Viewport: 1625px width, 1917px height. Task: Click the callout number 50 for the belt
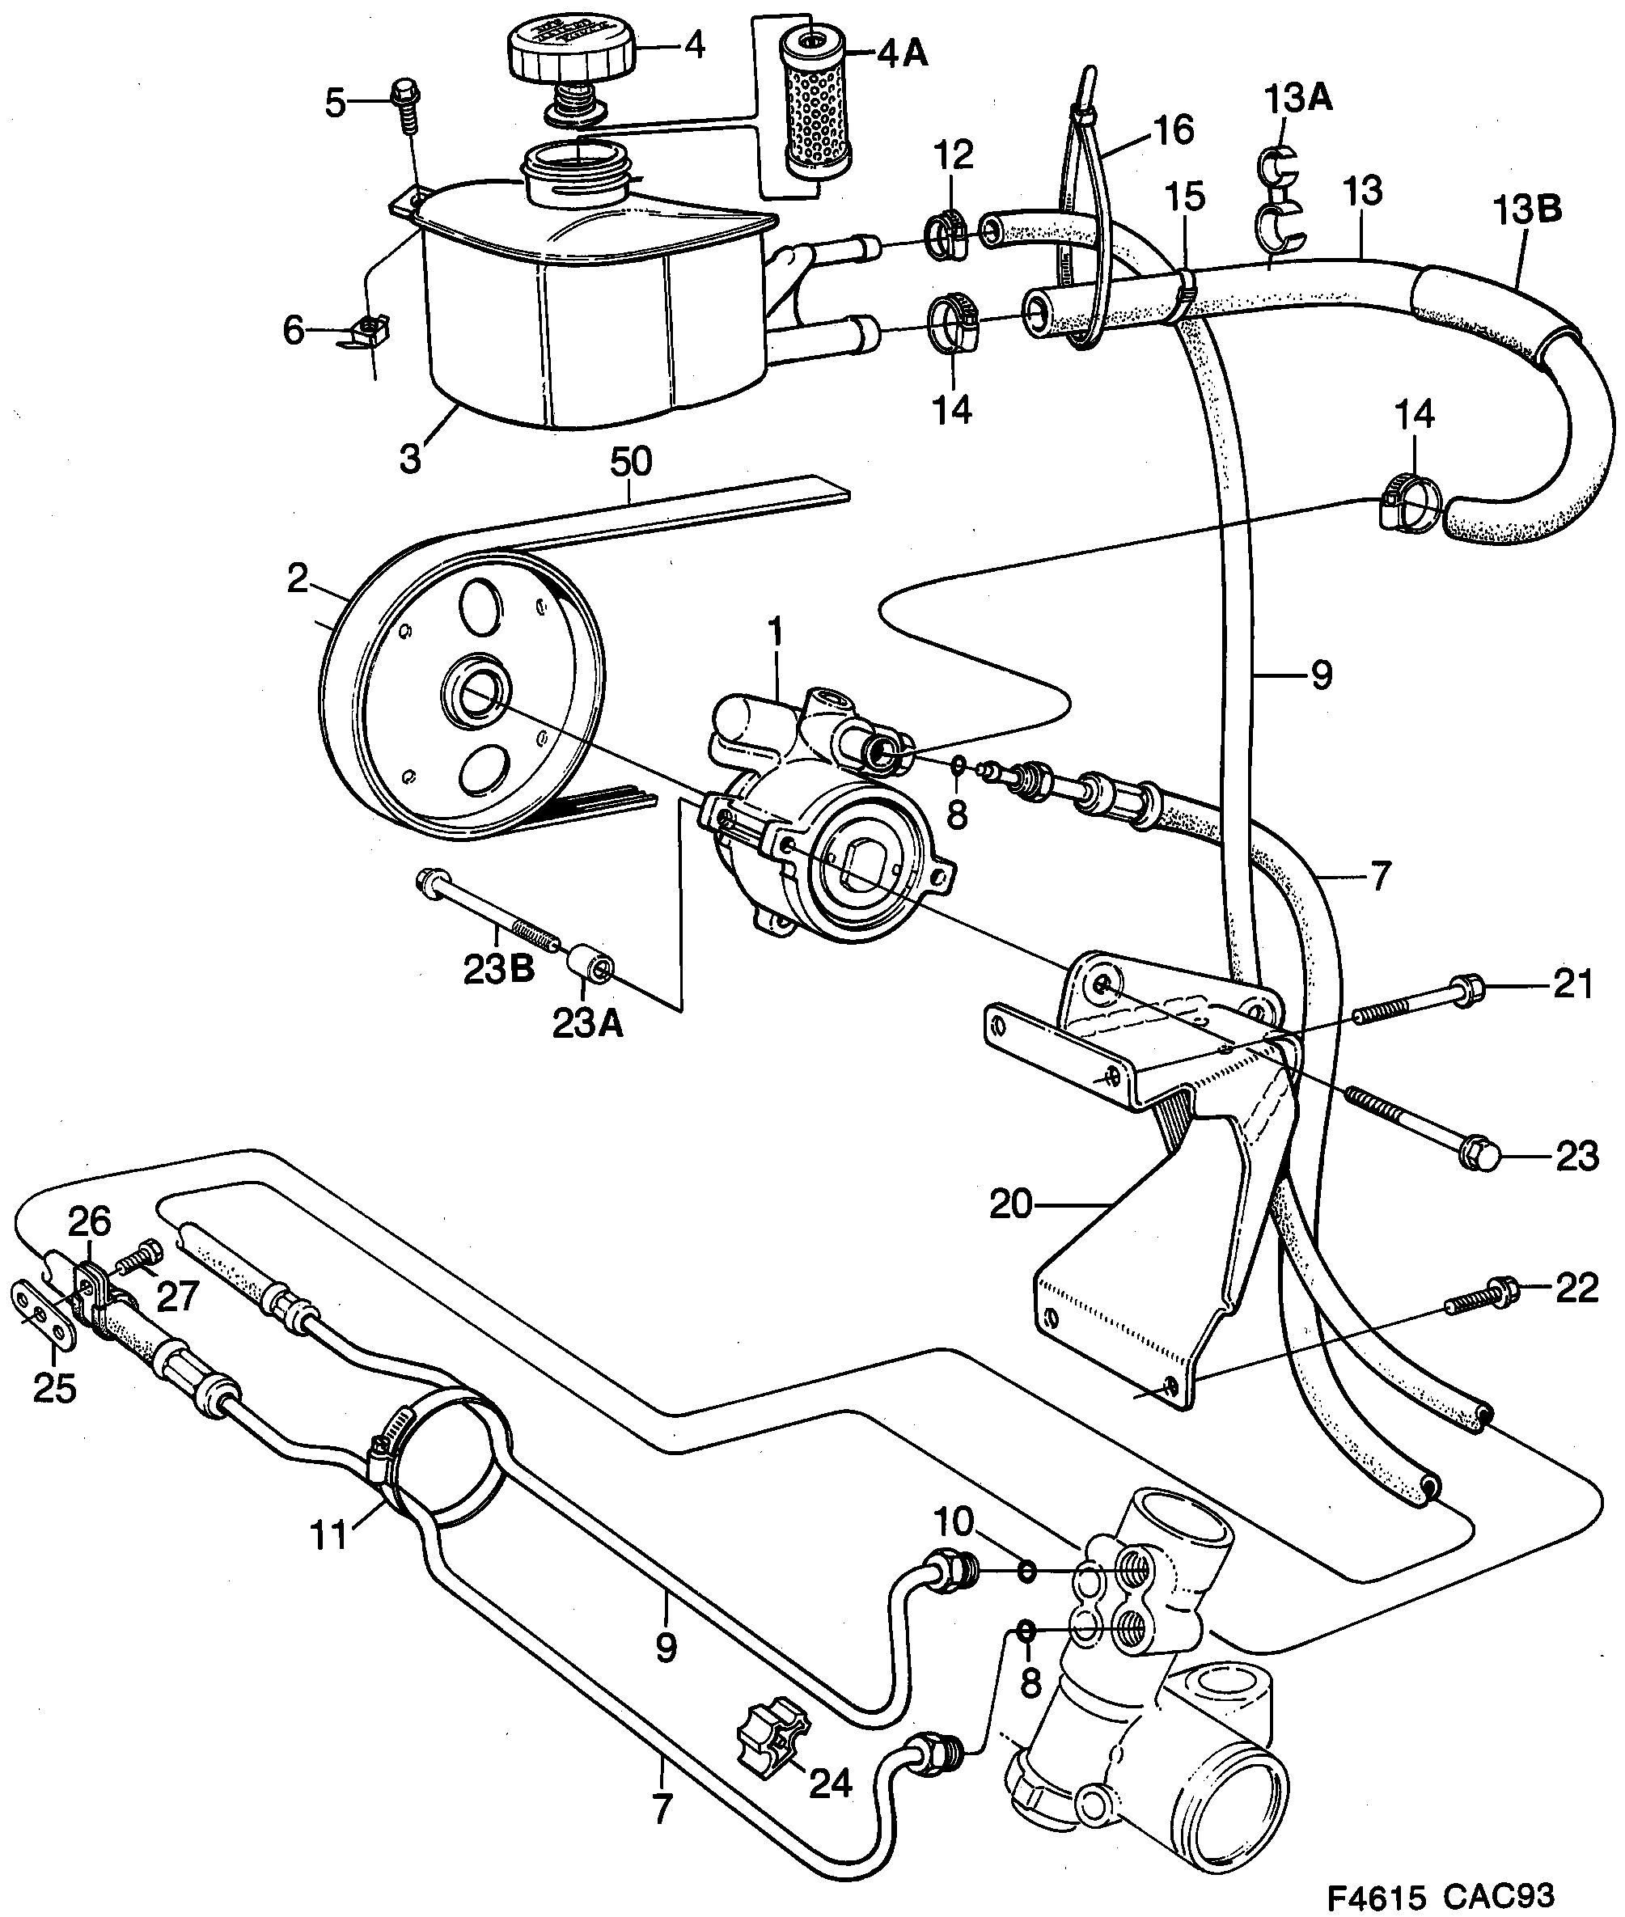click(x=630, y=463)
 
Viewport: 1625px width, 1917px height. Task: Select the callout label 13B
click(x=1526, y=210)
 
